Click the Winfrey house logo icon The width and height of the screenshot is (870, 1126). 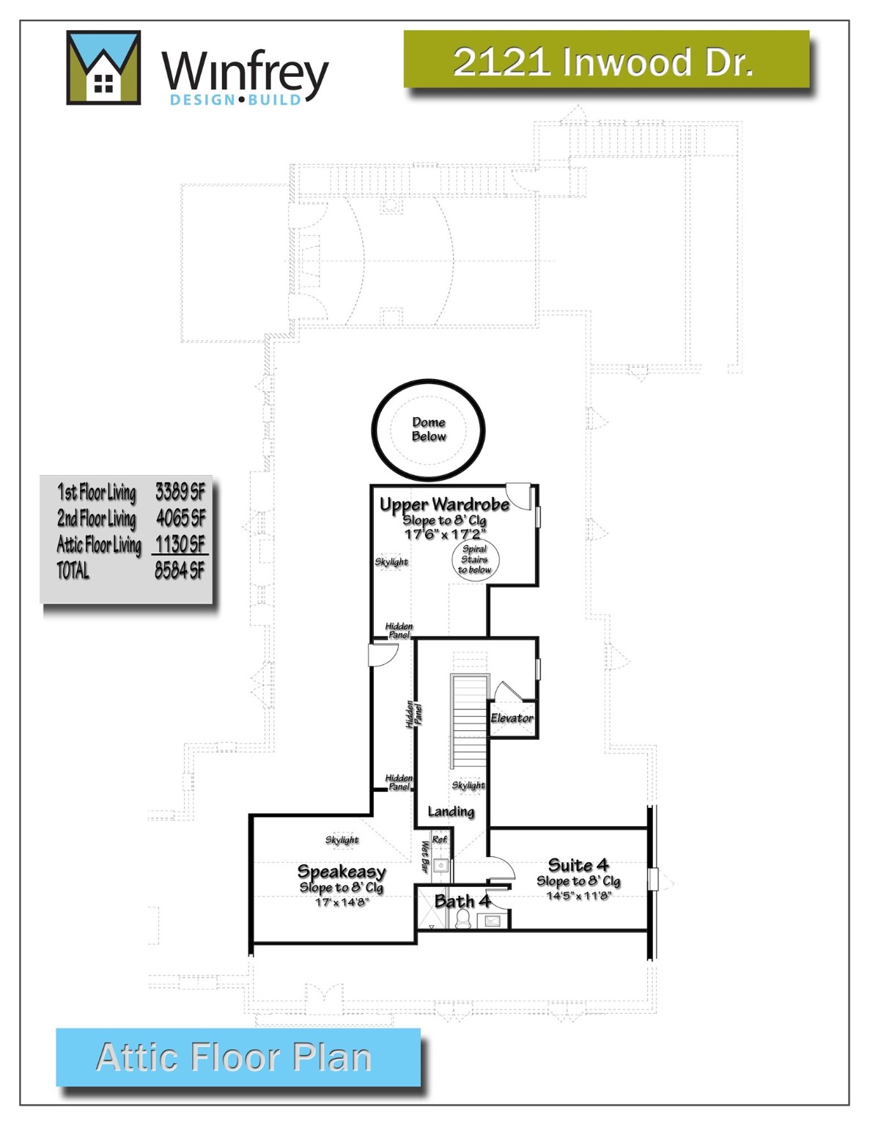point(103,67)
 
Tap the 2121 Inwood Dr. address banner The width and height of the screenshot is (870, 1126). point(605,61)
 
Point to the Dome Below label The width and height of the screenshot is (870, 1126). point(429,429)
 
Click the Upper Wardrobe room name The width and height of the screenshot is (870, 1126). point(444,504)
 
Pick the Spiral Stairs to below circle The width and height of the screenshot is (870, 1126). point(475,559)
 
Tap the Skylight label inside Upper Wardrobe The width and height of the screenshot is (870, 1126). point(391,562)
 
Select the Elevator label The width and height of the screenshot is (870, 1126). point(512,718)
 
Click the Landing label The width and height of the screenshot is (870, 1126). point(451,811)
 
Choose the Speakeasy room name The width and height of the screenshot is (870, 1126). point(342,872)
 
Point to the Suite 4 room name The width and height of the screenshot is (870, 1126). point(578,865)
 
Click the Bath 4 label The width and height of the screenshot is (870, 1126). point(462,901)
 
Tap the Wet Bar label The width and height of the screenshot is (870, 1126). point(424,855)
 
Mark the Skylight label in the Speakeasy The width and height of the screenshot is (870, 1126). point(342,840)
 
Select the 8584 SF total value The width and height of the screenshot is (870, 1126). point(180,570)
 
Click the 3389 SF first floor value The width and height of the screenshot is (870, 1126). point(180,492)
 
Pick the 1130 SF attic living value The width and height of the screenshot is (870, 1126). point(180,544)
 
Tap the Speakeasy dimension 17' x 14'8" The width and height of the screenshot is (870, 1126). point(342,902)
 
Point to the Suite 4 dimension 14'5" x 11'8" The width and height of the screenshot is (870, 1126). point(578,895)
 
